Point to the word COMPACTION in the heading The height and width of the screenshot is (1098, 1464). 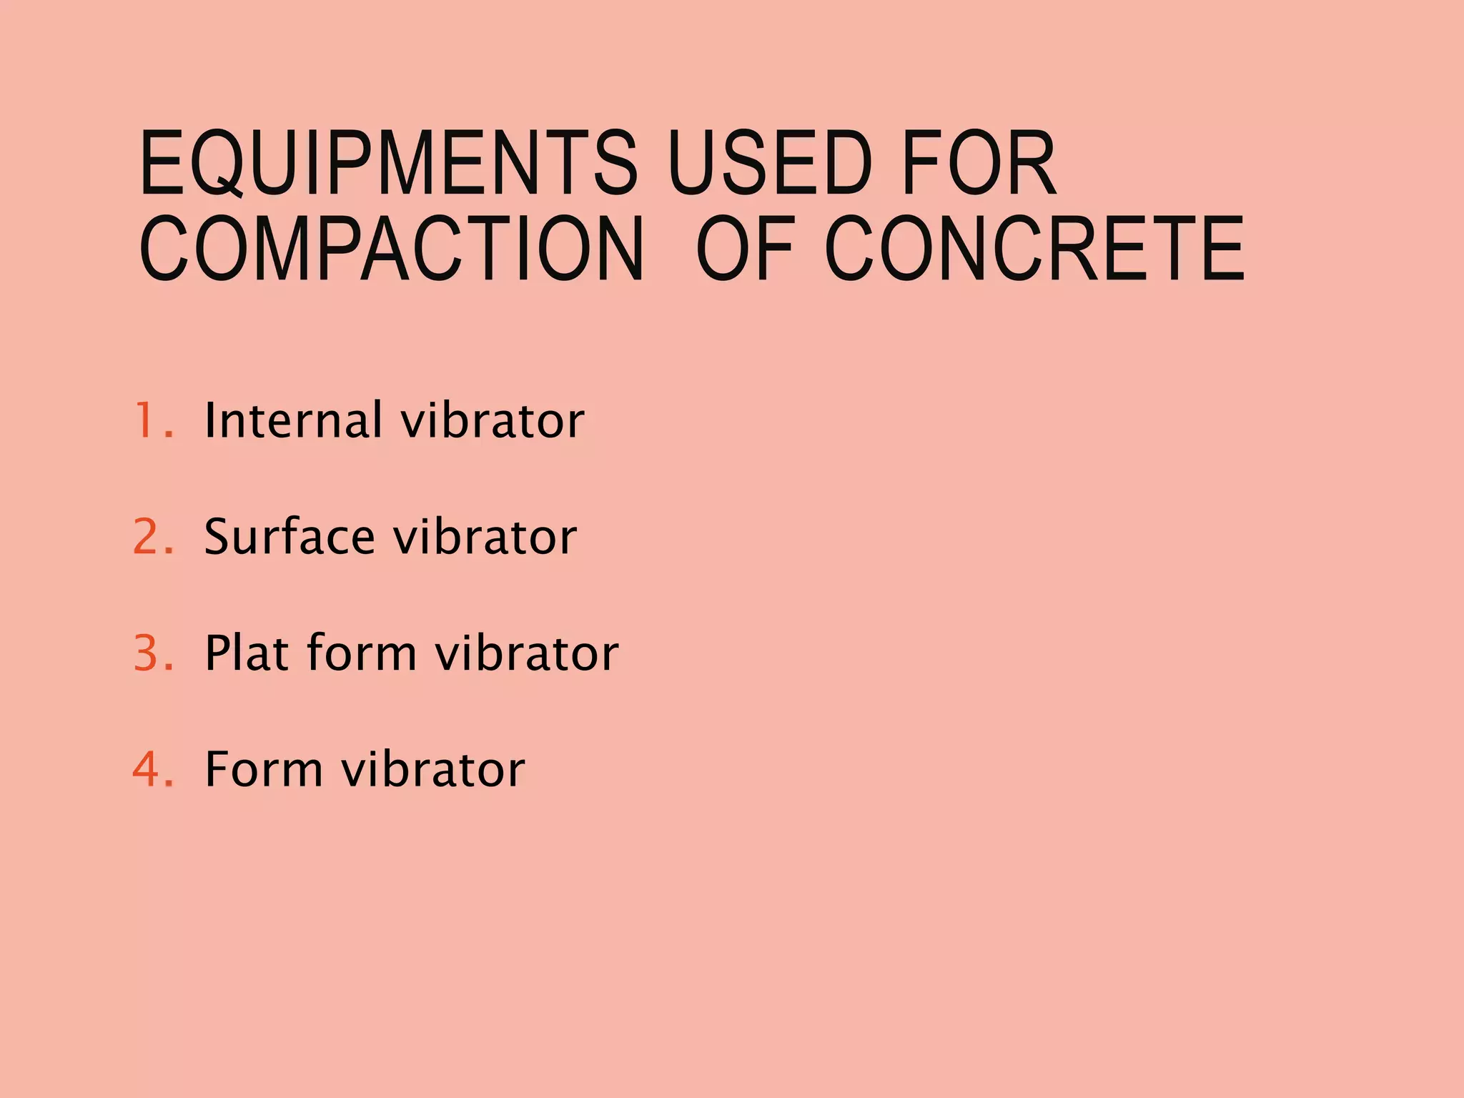click(x=392, y=248)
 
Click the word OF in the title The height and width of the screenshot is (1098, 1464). click(x=745, y=248)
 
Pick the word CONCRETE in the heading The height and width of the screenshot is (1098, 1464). click(x=1034, y=248)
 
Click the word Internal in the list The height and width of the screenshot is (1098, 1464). click(x=293, y=420)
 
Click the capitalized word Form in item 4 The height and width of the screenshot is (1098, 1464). click(x=263, y=769)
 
